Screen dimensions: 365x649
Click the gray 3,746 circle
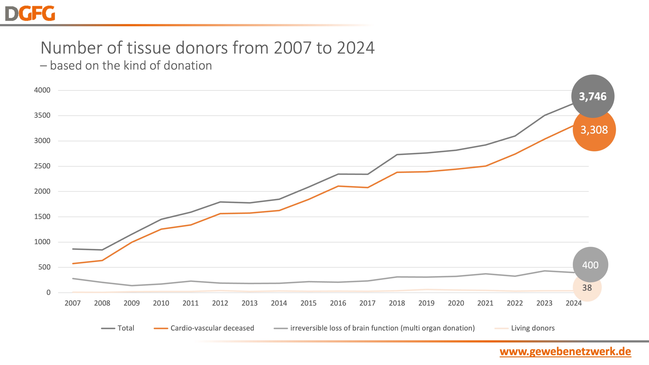(593, 96)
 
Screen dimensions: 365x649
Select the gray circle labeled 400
(590, 265)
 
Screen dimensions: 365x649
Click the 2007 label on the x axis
(73, 303)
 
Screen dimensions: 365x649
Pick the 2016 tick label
(338, 303)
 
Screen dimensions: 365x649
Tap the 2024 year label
(574, 303)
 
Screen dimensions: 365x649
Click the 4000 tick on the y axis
(42, 90)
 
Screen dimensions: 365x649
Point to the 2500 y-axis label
(42, 166)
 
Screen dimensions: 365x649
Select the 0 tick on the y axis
(48, 292)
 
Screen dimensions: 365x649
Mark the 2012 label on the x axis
(220, 303)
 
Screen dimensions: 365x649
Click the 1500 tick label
(42, 217)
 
